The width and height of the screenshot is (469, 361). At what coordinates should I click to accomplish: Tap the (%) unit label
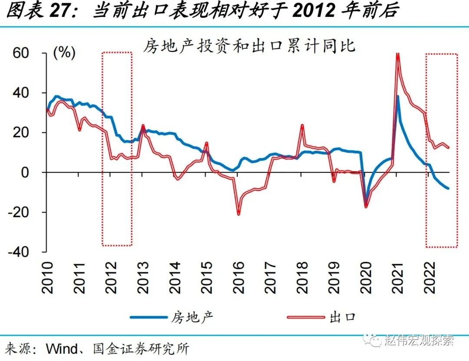64,53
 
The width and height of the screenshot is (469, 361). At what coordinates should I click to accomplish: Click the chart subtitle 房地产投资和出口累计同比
249,45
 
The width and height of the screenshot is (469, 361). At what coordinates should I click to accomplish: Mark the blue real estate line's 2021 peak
398,96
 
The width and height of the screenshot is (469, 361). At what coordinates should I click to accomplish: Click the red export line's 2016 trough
238,214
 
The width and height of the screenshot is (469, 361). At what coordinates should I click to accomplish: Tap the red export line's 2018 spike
302,126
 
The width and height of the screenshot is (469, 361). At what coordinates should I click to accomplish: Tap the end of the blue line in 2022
448,188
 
